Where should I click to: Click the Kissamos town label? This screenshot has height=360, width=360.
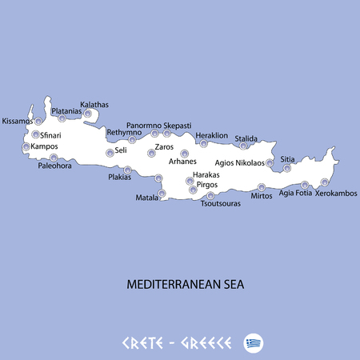click(18, 122)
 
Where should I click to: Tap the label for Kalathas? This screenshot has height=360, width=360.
click(94, 105)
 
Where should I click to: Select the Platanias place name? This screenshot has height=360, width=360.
click(67, 111)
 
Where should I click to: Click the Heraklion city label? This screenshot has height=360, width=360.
click(212, 135)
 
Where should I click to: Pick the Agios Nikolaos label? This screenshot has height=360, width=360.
click(240, 163)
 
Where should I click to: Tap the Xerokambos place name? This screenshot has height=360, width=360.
click(336, 194)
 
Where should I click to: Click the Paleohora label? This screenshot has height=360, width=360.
click(55, 166)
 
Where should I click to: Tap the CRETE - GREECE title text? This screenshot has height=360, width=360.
click(177, 343)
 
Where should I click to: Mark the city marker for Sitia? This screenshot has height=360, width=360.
click(287, 168)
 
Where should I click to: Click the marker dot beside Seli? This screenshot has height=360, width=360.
click(110, 153)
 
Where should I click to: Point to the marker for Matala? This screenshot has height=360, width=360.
click(162, 194)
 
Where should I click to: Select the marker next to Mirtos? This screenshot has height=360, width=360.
click(262, 187)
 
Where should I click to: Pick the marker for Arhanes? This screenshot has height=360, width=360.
click(185, 154)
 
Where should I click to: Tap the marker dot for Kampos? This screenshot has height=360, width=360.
click(26, 147)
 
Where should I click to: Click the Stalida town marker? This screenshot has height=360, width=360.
click(244, 146)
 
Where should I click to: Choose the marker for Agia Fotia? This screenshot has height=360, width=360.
click(305, 185)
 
